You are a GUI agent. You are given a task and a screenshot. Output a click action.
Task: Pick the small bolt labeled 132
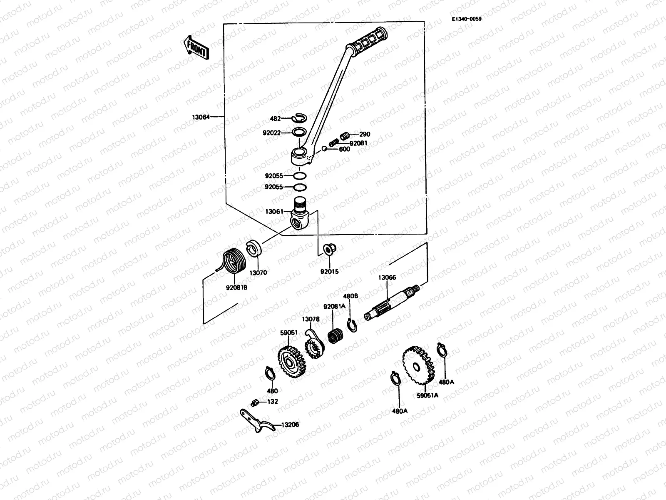[x=255, y=402]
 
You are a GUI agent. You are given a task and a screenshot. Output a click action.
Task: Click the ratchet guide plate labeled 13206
[x=258, y=421]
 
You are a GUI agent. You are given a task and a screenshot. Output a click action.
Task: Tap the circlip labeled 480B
[x=351, y=325]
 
